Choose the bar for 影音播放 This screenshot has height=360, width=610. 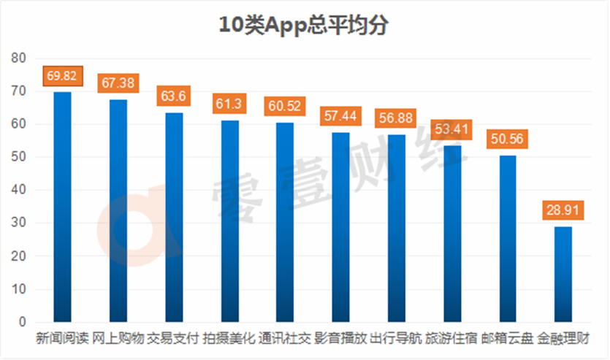[x=340, y=227]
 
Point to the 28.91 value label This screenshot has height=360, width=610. [x=563, y=211]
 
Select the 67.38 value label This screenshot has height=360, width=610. [x=118, y=83]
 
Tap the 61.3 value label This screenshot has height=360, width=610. [x=229, y=104]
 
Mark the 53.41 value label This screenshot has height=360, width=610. [x=451, y=129]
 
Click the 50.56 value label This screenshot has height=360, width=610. [x=507, y=139]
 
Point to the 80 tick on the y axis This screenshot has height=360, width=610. [x=19, y=58]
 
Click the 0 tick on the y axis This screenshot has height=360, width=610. [x=22, y=322]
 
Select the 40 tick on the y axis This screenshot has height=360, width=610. [x=19, y=190]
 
